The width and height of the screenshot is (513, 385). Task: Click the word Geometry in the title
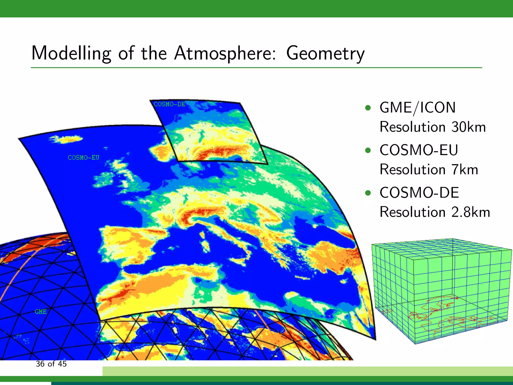(325, 53)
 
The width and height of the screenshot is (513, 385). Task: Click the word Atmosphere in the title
(225, 53)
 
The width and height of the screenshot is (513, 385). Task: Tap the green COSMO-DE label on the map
(170, 104)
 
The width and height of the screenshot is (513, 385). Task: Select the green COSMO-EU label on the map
(83, 158)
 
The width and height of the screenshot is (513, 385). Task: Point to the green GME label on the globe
(41, 312)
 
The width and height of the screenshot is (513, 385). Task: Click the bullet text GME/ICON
(417, 108)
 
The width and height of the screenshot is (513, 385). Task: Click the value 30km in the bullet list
(468, 127)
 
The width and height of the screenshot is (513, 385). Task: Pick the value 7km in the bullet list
(465, 170)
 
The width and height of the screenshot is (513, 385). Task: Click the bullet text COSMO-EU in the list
(419, 150)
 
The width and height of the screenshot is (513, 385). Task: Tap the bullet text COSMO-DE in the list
(419, 193)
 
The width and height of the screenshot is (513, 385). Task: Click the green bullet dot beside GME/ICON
(368, 108)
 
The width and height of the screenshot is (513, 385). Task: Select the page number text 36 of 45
(51, 364)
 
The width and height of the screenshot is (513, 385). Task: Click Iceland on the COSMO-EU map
(66, 139)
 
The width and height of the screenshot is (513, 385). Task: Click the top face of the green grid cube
(441, 248)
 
